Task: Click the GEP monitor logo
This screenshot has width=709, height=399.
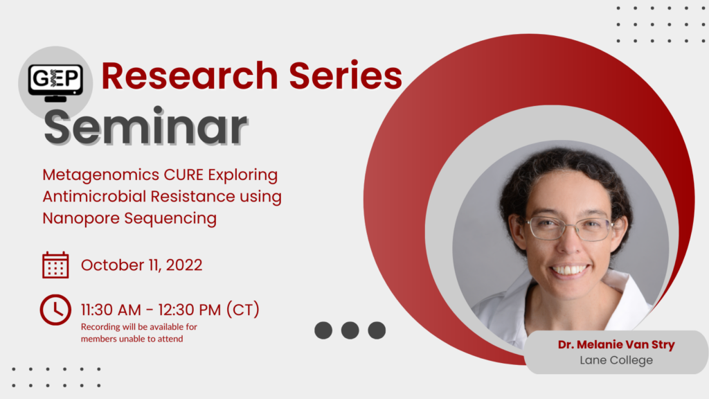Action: pos(55,82)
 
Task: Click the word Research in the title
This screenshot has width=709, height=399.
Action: pos(190,76)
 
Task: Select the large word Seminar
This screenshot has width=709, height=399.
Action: pos(145,127)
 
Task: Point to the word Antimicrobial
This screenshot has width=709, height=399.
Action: pos(93,196)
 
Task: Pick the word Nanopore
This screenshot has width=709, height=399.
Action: pos(82,218)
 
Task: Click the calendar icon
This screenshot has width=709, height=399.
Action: pos(55,265)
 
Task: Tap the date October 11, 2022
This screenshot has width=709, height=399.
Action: pos(141,265)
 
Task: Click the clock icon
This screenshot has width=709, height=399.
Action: pos(55,310)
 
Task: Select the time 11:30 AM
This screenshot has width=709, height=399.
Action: pos(111,310)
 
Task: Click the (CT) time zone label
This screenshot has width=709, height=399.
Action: pos(243,310)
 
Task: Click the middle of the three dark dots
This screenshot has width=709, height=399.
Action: pos(350,330)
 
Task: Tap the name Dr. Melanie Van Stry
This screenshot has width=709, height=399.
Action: pos(616,345)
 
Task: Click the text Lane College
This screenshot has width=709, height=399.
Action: pos(616,360)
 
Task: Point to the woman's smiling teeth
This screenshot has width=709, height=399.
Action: pos(570,270)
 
